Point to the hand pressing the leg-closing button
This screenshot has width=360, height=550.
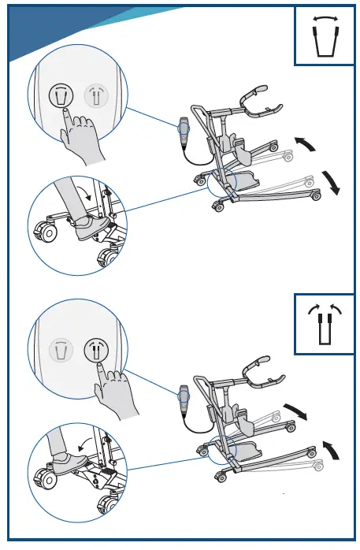coord(117,392)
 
